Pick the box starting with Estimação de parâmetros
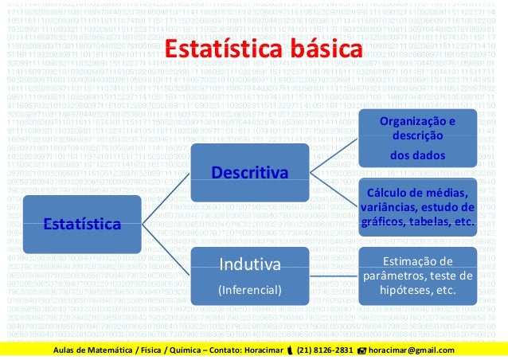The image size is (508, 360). (x=417, y=276)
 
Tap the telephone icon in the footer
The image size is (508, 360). (x=289, y=351)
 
